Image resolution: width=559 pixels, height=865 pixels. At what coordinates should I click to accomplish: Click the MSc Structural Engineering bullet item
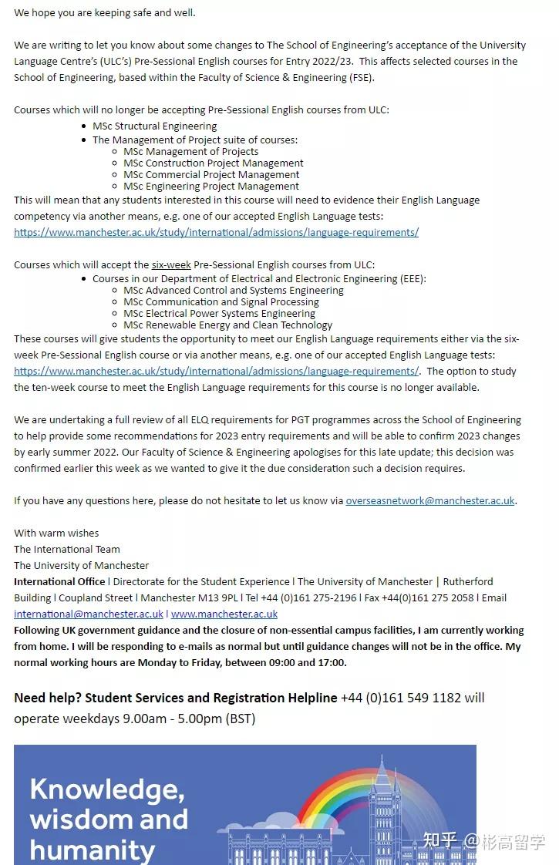tap(154, 126)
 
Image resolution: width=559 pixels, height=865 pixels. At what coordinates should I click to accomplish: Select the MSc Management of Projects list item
tap(190, 152)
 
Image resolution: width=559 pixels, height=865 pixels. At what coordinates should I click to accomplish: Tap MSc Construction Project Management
tap(213, 163)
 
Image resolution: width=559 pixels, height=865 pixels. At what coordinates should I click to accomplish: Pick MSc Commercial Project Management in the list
tap(211, 175)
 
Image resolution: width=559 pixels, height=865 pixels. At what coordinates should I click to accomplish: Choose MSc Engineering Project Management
tap(211, 187)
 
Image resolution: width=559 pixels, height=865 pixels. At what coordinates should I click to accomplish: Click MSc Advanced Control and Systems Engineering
tap(234, 291)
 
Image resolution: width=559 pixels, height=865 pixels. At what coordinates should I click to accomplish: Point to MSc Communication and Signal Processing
tap(221, 302)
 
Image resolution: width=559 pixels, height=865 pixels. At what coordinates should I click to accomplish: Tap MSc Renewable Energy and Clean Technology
tap(227, 325)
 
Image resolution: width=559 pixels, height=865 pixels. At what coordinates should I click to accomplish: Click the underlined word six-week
tap(171, 265)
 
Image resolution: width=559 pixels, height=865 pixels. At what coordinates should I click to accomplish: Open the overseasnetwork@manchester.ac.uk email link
tap(430, 501)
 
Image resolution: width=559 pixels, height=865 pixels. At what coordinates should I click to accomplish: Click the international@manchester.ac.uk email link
tap(89, 614)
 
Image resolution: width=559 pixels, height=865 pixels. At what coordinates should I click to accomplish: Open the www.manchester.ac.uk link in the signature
tap(224, 614)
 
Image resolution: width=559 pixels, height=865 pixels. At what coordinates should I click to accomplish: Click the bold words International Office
tap(59, 582)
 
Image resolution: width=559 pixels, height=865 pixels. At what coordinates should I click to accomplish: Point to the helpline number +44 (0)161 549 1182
tap(401, 698)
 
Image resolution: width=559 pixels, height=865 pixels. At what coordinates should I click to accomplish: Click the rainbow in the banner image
tap(339, 794)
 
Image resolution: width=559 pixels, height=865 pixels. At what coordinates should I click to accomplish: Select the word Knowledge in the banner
tap(107, 789)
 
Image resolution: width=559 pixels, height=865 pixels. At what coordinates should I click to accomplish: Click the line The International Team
tap(67, 550)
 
